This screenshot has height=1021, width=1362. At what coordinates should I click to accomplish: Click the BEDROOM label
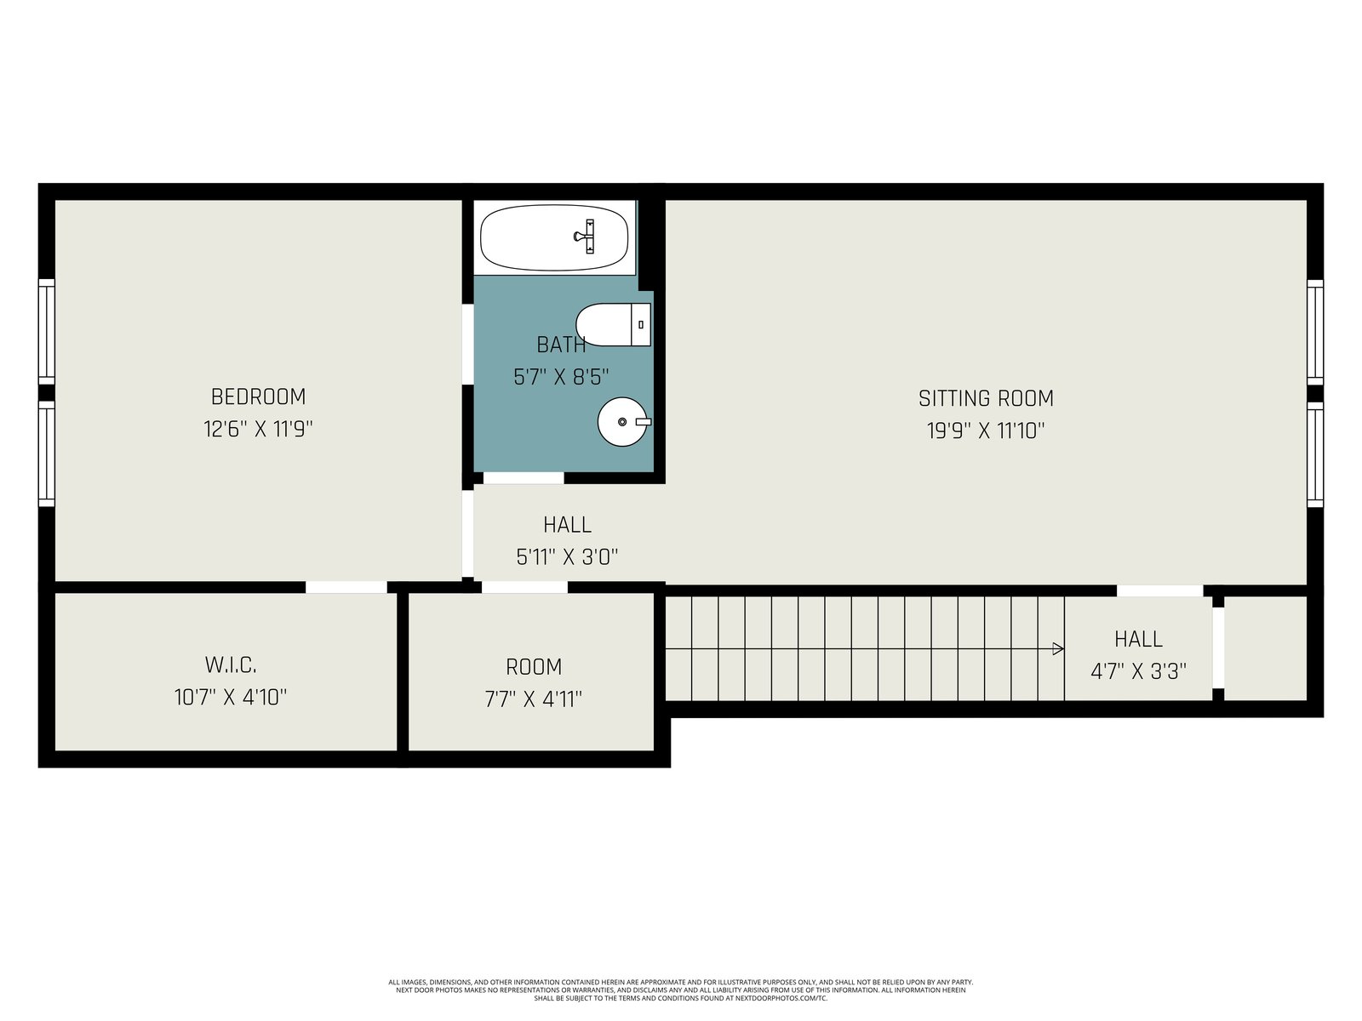tap(258, 396)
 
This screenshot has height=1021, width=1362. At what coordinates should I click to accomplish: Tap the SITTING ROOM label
tap(986, 398)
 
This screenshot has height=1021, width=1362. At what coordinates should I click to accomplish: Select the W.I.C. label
tap(230, 665)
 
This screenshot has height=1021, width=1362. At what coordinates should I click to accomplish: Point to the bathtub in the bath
tap(554, 237)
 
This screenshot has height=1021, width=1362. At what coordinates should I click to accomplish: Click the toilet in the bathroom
tap(613, 324)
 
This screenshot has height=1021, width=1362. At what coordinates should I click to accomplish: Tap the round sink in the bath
tap(623, 421)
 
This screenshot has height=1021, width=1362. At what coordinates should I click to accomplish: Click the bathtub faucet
tap(586, 237)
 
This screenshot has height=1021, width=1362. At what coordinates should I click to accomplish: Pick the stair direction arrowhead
tap(1058, 649)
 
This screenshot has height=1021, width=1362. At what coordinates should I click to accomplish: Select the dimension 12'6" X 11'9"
tap(258, 429)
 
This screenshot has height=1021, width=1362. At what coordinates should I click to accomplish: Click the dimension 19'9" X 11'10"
tap(986, 431)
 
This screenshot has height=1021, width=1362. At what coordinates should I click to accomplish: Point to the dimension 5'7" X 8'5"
tap(561, 377)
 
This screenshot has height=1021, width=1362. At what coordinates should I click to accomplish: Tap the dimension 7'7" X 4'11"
tap(533, 699)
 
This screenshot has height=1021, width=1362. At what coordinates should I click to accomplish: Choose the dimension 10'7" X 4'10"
tap(230, 698)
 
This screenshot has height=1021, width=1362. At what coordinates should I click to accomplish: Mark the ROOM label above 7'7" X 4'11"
tap(534, 667)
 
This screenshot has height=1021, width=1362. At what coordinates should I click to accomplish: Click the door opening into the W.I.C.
tap(346, 587)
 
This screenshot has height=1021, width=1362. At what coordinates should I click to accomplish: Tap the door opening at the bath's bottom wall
tap(523, 478)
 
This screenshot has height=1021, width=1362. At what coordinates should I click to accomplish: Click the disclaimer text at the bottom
tap(681, 990)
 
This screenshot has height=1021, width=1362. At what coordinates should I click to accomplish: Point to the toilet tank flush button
tap(641, 324)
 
